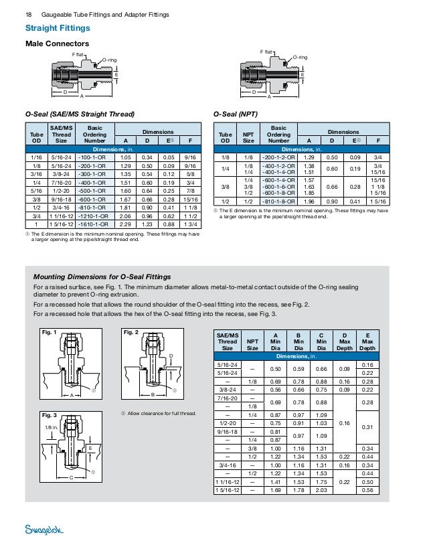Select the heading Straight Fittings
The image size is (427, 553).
[58, 28]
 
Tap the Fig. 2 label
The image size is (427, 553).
[131, 332]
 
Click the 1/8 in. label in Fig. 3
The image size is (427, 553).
[52, 426]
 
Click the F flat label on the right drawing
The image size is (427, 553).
[266, 51]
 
